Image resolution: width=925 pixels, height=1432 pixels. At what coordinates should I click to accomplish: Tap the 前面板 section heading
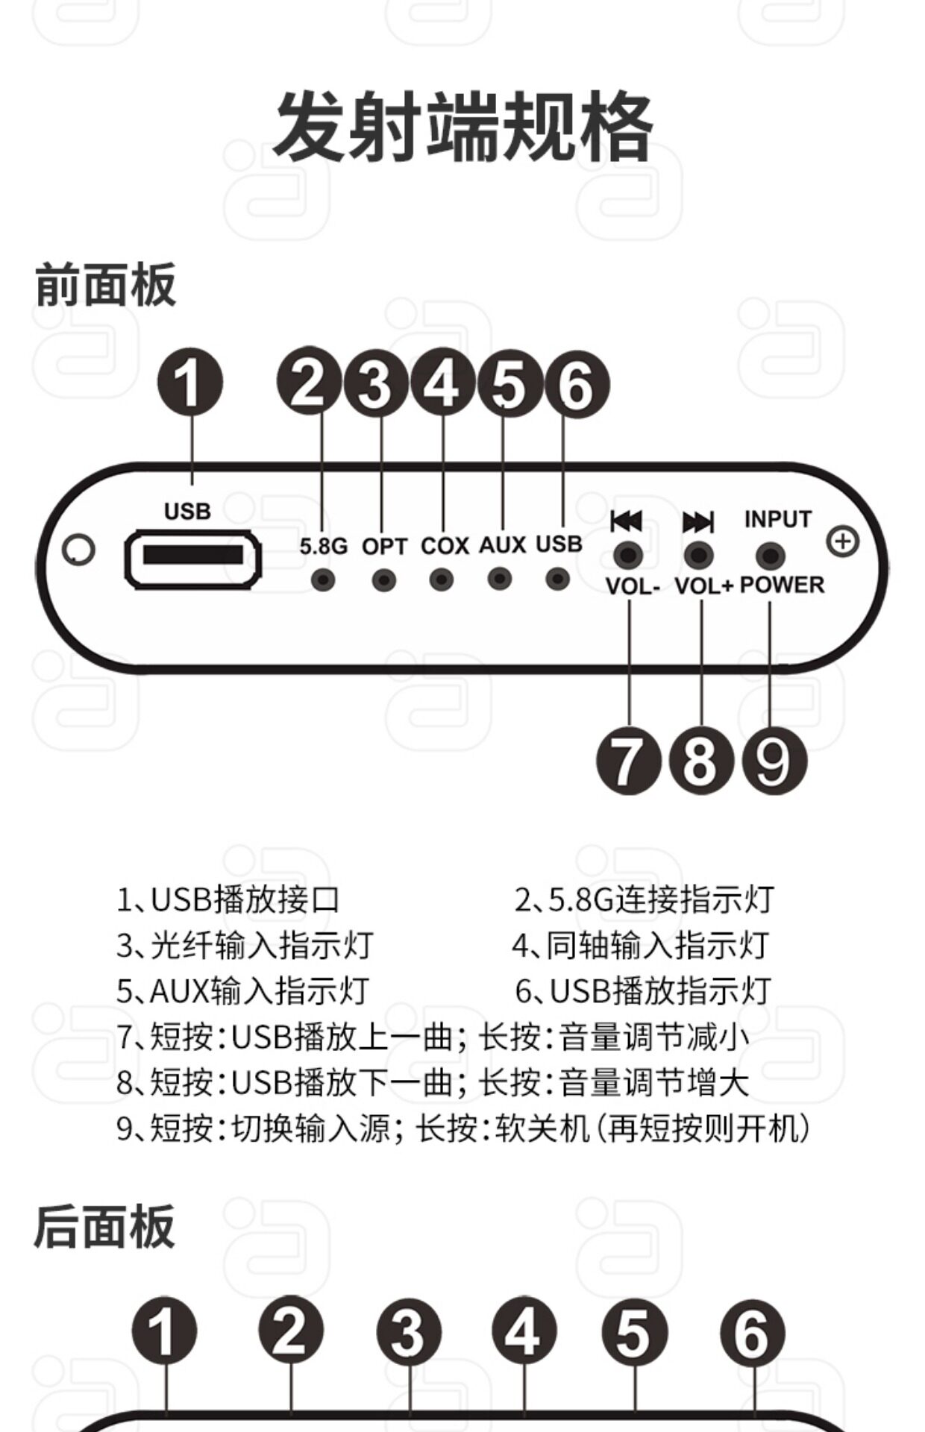point(105,285)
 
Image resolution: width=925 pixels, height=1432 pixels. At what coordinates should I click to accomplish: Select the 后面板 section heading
point(104,1227)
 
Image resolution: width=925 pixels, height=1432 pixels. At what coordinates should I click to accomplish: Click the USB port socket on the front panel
point(192,556)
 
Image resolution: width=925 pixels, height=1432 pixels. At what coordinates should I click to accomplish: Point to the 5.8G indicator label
point(323,547)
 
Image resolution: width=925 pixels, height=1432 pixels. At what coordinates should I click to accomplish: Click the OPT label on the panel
point(384,547)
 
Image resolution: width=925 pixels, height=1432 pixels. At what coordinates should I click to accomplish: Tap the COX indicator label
point(445,546)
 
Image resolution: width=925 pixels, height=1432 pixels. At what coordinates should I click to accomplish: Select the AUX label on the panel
point(502,545)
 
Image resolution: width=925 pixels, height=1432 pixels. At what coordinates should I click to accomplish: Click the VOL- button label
point(633,586)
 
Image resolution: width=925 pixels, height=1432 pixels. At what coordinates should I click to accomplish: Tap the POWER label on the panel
point(782,585)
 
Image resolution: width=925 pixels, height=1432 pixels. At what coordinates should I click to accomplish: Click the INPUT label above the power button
point(777,519)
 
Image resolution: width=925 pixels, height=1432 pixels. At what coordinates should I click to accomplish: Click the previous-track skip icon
point(626,521)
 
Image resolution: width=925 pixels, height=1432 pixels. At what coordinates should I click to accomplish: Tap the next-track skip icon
point(698,521)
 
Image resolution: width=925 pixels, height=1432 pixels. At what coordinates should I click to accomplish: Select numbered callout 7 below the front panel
point(628,761)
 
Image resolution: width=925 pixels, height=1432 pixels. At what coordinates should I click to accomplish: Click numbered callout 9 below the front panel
point(774,761)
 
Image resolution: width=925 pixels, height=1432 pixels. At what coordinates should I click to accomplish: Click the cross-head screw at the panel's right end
point(843,541)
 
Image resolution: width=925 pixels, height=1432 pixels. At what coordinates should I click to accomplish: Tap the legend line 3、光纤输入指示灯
point(245,946)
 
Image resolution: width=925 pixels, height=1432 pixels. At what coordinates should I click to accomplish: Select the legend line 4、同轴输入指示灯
point(640,946)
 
